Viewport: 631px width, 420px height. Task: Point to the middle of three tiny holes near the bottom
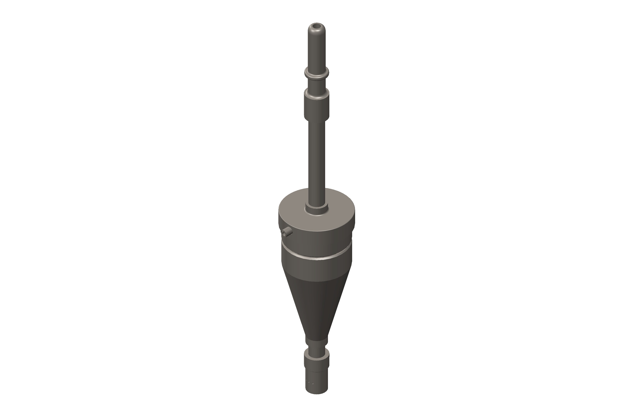pyautogui.click(x=309, y=383)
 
